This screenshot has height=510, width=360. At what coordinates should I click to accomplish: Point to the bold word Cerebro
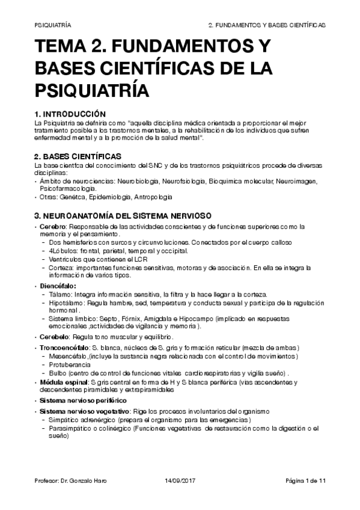click(53, 227)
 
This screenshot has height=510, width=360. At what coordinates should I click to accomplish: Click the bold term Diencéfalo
click(59, 286)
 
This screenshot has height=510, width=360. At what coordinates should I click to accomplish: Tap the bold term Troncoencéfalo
click(64, 348)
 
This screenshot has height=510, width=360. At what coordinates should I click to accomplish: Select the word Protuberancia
click(70, 364)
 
